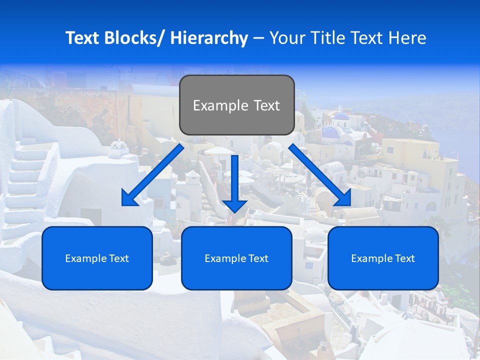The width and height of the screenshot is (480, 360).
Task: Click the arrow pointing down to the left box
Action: click(x=152, y=175)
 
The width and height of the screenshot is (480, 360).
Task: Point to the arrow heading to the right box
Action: click(x=320, y=175)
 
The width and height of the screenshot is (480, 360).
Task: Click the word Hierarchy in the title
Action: click(x=209, y=38)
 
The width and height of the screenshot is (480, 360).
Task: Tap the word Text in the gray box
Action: click(x=266, y=105)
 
